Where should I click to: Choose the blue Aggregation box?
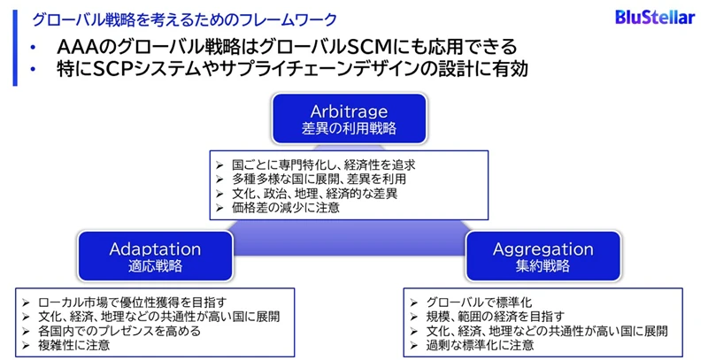point(543,257)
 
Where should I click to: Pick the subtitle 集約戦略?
point(543,266)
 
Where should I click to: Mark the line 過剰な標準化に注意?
point(482,346)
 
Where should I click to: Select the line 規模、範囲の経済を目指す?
point(501,316)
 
